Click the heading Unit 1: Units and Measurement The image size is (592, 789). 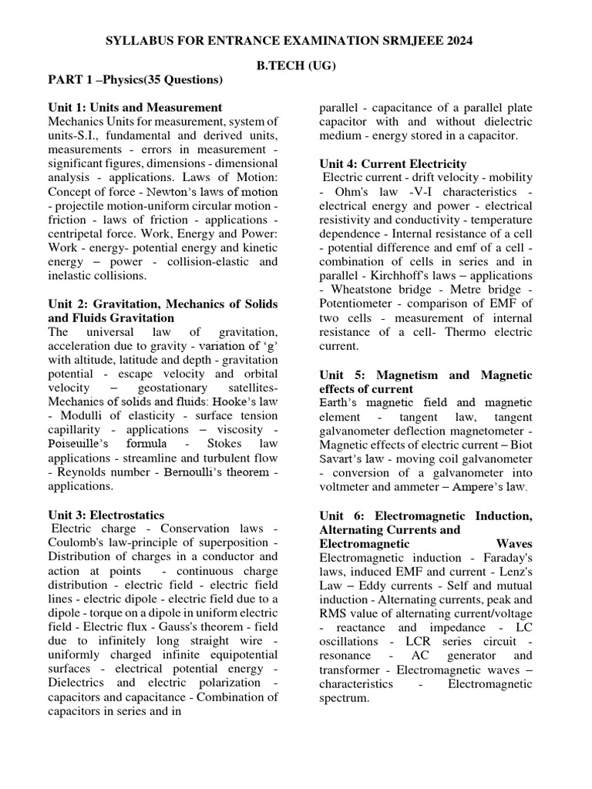click(135, 107)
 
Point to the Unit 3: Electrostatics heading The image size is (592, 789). click(106, 515)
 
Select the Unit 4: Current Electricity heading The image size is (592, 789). click(392, 163)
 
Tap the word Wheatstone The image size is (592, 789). click(365, 290)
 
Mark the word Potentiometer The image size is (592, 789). click(361, 304)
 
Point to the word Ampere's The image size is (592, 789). click(483, 488)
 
